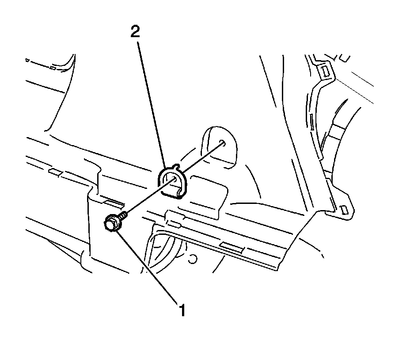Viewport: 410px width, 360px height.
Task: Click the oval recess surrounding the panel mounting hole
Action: (220, 146)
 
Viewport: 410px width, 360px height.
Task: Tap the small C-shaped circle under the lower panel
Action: (192, 259)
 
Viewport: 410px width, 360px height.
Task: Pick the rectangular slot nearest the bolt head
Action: (114, 202)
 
